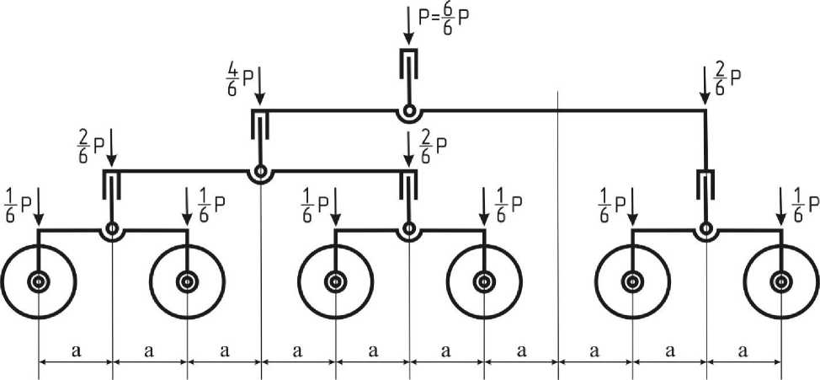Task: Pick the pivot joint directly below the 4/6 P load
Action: [260, 173]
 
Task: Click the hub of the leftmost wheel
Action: [39, 281]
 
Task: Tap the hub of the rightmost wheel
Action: [781, 281]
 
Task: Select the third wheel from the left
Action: [336, 281]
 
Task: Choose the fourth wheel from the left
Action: [484, 281]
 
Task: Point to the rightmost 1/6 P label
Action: [804, 204]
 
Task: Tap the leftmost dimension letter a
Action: [76, 351]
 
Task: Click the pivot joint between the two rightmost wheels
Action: [706, 228]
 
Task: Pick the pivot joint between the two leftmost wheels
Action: [112, 228]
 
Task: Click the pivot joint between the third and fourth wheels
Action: [409, 228]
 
